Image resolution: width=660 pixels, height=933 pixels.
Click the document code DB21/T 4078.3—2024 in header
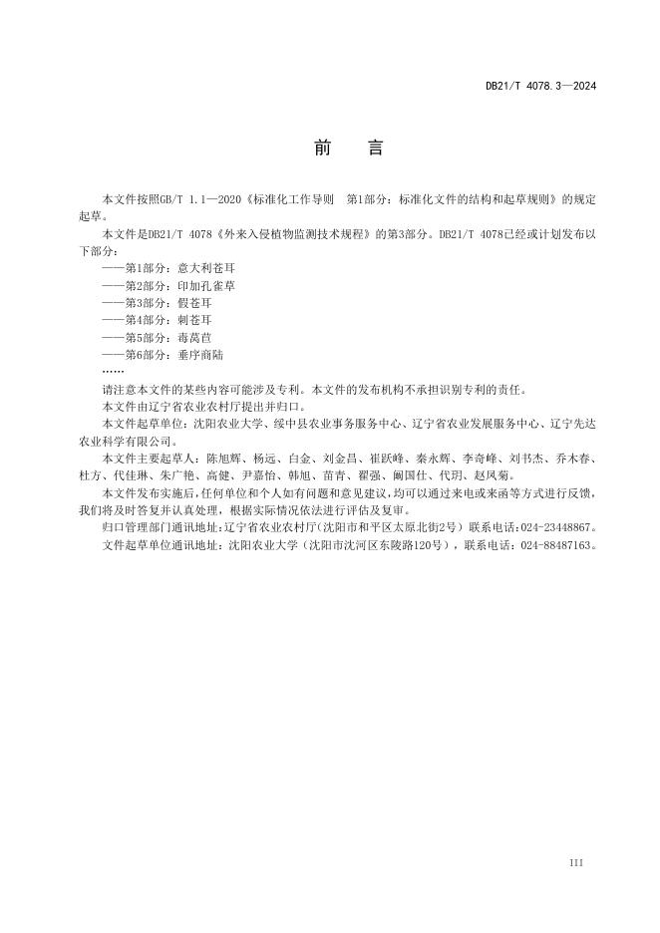click(x=540, y=87)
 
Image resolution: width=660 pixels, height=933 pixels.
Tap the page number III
click(x=575, y=862)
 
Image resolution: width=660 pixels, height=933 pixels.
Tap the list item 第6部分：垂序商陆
click(x=164, y=354)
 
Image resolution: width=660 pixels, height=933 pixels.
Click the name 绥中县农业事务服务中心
click(x=340, y=425)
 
